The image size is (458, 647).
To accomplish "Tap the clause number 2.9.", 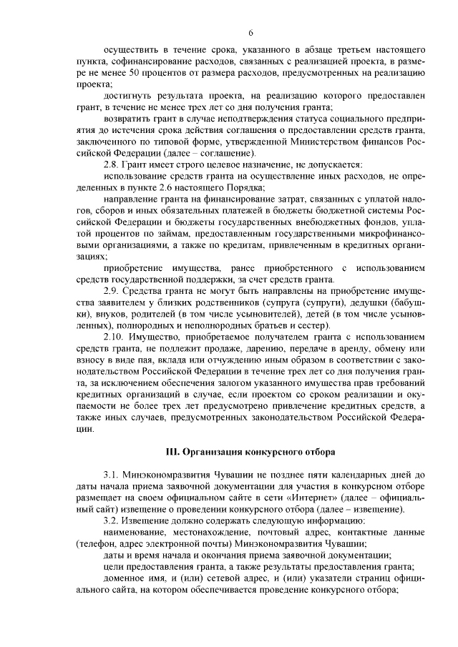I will (114, 292).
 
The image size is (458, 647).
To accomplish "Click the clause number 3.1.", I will (114, 474).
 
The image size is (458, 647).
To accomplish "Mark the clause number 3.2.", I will (114, 520).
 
